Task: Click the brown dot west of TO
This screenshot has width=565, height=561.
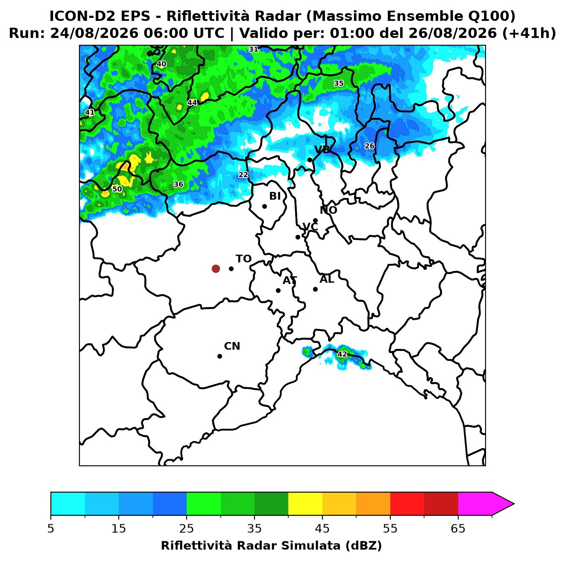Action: pos(216,269)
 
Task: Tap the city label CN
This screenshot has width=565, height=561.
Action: pos(232,346)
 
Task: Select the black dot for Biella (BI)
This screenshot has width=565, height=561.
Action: pos(264,207)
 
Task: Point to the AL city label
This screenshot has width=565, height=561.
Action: pos(327,279)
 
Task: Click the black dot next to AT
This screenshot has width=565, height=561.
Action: pos(278,291)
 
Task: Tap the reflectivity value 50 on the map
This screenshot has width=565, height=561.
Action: pos(117,189)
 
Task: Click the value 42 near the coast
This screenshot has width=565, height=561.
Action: pos(342,354)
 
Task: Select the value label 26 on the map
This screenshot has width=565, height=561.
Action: pos(369,146)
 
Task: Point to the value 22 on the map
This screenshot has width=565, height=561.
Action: pos(243,175)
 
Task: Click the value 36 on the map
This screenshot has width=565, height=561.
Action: pos(178,184)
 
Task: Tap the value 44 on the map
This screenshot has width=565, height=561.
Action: pos(192,102)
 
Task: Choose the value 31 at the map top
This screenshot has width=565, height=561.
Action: pos(254,49)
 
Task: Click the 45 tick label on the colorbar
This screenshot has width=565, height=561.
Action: pos(322,529)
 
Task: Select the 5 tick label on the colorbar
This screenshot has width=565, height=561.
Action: pos(51,529)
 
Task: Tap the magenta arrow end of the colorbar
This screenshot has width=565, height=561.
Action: pos(503,504)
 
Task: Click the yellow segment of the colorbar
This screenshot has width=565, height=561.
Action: pos(305,504)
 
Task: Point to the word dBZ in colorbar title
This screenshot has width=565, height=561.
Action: pos(363,546)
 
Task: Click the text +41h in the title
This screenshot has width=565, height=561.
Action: pos(529,33)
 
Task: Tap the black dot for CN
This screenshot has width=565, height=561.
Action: pos(220,356)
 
